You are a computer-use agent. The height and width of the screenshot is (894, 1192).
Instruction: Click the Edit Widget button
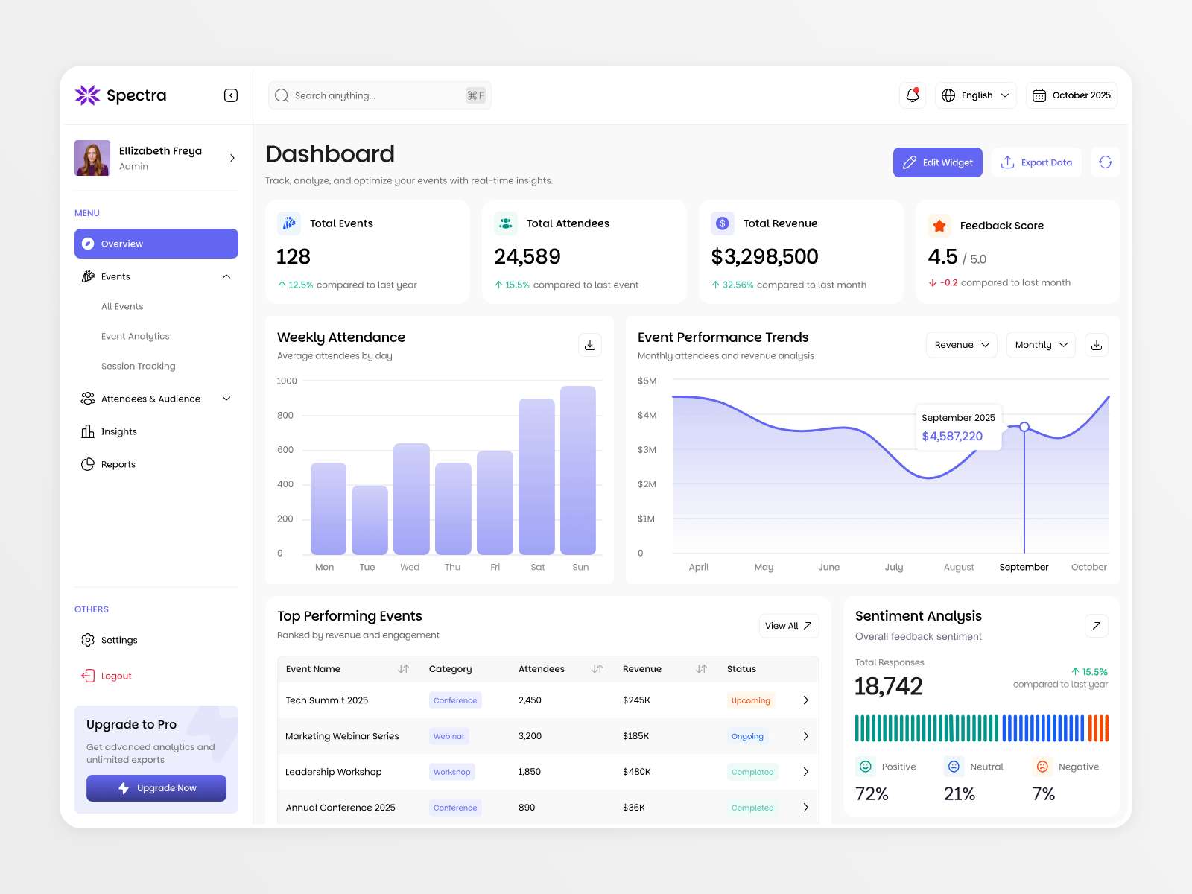coord(937,162)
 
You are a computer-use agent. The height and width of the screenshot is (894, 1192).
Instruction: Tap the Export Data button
coord(1036,162)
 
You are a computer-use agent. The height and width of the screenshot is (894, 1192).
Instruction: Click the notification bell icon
coord(913,95)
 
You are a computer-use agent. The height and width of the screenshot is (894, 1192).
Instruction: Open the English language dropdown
coord(975,95)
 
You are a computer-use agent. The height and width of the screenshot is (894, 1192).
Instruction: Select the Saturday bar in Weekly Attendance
coord(536,477)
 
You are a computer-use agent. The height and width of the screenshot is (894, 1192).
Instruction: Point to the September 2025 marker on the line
coord(1024,427)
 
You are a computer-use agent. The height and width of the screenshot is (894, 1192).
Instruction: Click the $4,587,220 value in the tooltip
coord(952,436)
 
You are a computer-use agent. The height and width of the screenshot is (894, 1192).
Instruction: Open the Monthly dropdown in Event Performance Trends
coord(1041,345)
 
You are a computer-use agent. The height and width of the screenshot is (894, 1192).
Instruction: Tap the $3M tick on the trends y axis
coord(647,450)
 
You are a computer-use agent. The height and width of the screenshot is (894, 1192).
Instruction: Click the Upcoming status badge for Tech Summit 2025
coord(750,700)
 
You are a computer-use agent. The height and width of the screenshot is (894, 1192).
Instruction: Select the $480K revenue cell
coord(636,772)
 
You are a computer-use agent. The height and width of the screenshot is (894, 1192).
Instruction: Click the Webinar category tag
coord(448,736)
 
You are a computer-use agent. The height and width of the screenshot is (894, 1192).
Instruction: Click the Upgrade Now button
coord(156,788)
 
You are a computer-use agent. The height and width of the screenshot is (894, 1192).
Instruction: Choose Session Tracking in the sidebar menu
coord(139,366)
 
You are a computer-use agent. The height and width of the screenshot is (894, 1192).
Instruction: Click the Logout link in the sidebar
coord(115,676)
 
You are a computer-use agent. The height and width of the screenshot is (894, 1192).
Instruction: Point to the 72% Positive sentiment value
coord(872,794)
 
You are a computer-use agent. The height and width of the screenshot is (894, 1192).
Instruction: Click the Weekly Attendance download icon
coord(590,345)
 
